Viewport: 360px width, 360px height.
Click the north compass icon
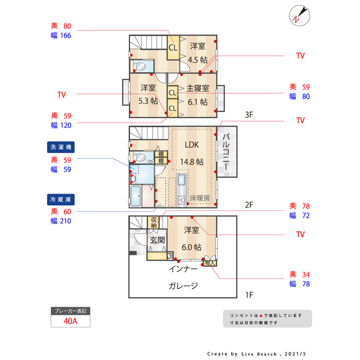point(298,15)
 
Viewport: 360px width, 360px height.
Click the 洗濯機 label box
point(61,147)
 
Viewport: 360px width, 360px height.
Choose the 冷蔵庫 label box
point(61,199)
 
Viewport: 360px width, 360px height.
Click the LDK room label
point(191,145)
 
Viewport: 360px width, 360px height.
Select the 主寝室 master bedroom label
point(198,88)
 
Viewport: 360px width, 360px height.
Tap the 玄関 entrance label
point(156,241)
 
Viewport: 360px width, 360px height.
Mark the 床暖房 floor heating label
point(199,198)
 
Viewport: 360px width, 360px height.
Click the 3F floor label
point(249,115)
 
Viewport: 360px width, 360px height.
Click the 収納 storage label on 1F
point(154,223)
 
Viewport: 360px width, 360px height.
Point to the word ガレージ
point(183,286)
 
